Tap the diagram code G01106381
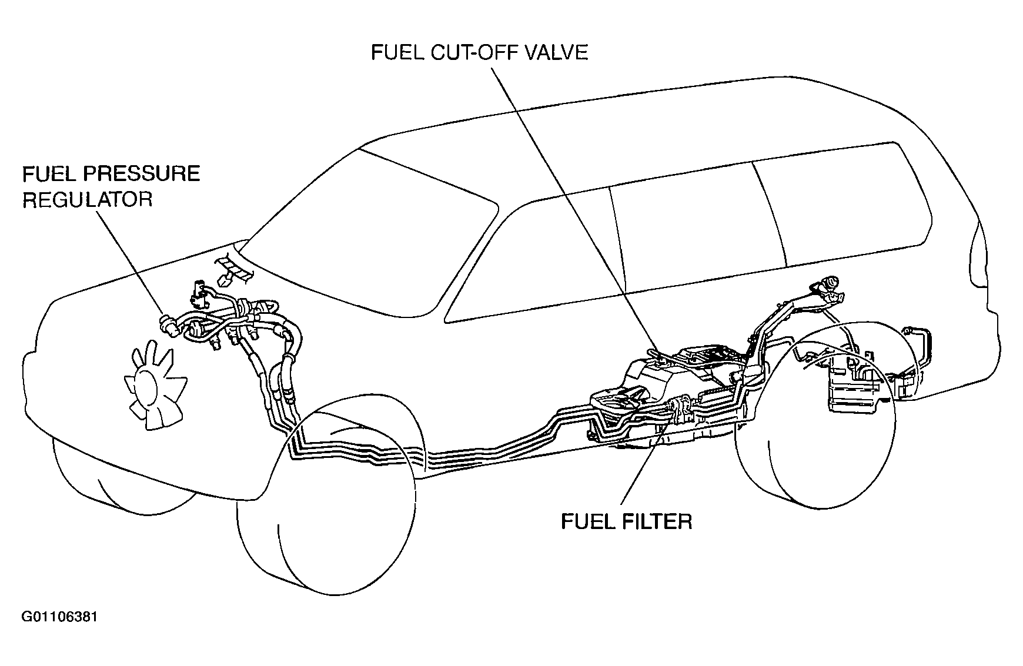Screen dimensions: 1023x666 click(59, 617)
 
